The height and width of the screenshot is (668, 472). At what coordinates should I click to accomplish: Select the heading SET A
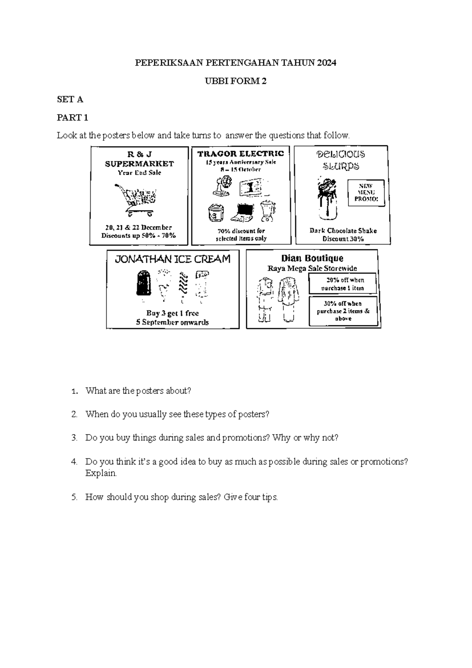[x=70, y=100]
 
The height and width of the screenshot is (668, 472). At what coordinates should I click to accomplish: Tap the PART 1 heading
[x=72, y=118]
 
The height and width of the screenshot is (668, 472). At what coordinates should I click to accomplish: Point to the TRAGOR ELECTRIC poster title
[x=240, y=154]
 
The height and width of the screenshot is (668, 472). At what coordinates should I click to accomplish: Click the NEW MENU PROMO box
[x=366, y=193]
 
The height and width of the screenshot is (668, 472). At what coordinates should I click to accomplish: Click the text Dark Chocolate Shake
[x=343, y=231]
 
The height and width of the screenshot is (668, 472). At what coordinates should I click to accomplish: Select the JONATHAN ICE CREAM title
[x=172, y=259]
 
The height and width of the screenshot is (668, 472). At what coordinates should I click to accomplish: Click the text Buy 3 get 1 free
[x=172, y=314]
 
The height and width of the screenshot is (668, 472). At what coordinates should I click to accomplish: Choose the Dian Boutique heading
[x=312, y=258]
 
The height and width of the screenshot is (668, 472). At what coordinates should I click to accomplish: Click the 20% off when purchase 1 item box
[x=343, y=284]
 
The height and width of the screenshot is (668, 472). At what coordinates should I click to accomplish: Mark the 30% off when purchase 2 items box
[x=343, y=311]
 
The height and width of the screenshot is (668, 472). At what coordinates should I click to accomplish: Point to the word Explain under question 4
[x=101, y=473]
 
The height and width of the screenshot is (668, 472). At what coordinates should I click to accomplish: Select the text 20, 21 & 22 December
[x=138, y=227]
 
